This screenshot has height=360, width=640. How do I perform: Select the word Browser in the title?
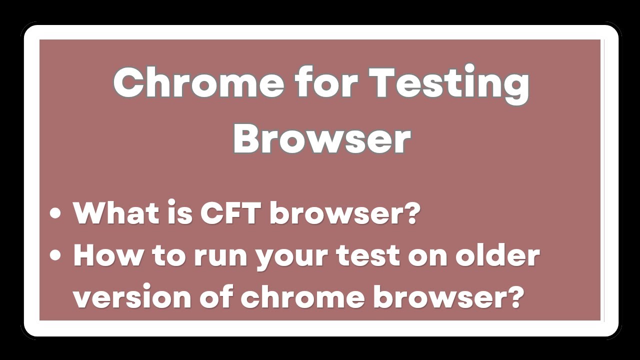pos(321,138)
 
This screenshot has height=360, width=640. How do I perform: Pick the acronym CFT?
pos(229,213)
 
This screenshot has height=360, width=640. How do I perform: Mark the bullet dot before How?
pos(55,255)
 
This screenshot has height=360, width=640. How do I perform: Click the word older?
pos(497,255)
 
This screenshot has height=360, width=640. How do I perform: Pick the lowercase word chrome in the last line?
pos(302,297)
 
